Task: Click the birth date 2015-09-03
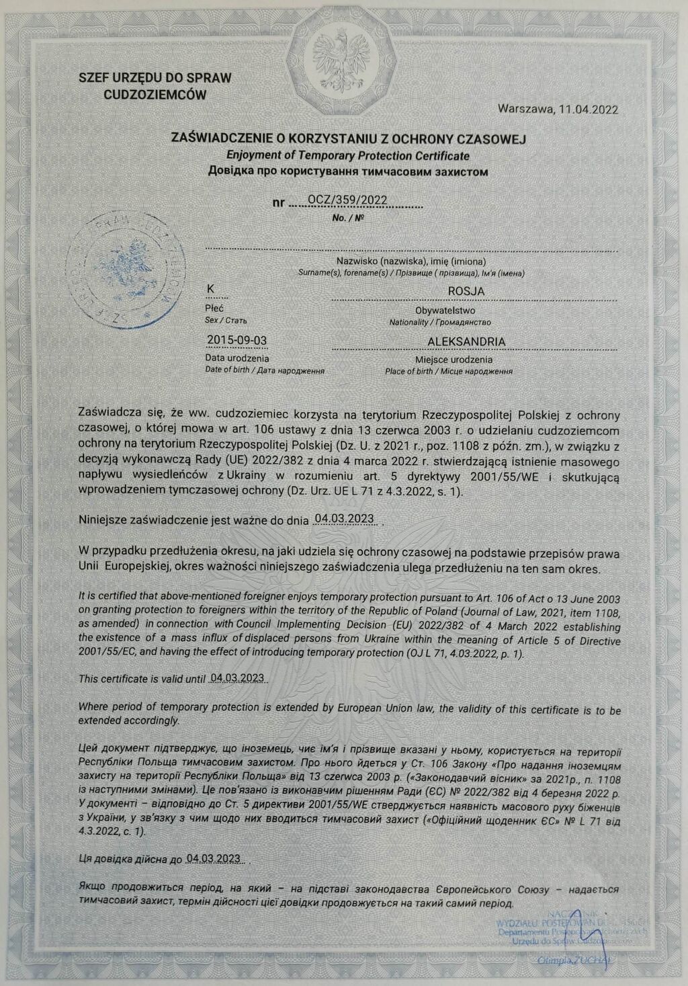(x=237, y=340)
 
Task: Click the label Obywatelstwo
(x=445, y=311)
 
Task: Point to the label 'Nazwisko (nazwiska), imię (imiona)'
(x=412, y=261)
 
